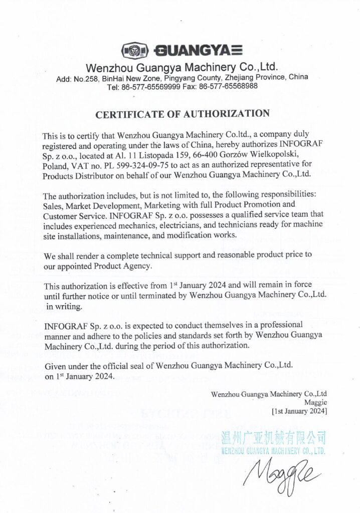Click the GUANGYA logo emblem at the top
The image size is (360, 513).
point(135,51)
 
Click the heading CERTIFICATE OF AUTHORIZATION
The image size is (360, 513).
point(183,114)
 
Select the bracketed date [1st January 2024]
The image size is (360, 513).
point(299,411)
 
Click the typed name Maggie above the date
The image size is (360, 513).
point(316,402)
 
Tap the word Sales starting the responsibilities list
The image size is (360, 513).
point(53,205)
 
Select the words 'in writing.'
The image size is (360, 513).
point(64,305)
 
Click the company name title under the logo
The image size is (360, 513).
point(182,67)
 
